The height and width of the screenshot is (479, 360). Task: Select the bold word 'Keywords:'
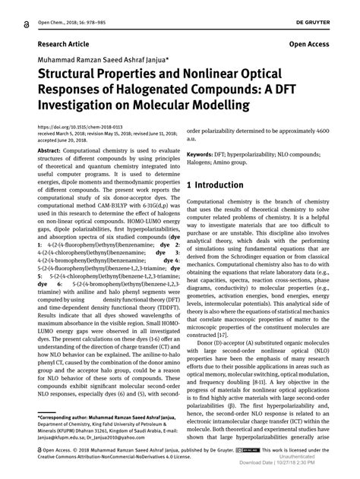(x=202, y=153)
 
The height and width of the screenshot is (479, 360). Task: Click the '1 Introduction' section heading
(x=215, y=184)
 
